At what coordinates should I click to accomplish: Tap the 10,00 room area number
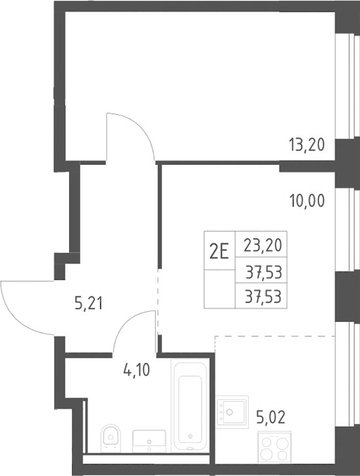(x=307, y=201)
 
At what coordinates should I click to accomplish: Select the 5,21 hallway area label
(x=89, y=303)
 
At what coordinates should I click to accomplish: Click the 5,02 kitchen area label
(x=271, y=418)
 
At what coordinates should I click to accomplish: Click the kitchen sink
(x=232, y=412)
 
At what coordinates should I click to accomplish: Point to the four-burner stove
(x=274, y=448)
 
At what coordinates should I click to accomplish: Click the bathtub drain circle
(x=190, y=437)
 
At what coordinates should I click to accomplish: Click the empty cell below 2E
(x=219, y=289)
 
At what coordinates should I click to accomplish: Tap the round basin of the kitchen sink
(x=230, y=412)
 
